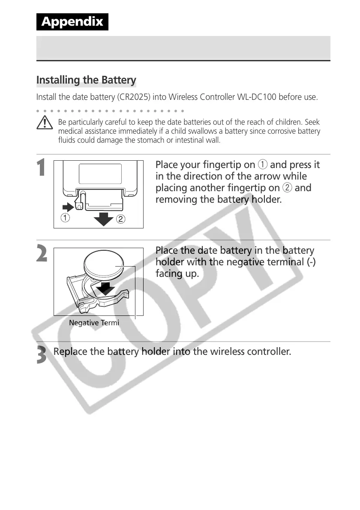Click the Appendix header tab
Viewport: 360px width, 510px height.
tap(72, 22)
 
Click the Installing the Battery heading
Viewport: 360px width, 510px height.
tap(86, 80)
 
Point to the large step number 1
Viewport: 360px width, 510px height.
tap(42, 168)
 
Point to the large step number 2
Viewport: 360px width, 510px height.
tap(42, 255)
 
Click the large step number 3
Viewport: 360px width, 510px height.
tap(42, 355)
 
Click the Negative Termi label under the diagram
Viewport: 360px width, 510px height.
tap(94, 323)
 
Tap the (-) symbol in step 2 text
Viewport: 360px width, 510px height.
tap(311, 262)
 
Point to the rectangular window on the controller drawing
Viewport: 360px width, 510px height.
tap(100, 174)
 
